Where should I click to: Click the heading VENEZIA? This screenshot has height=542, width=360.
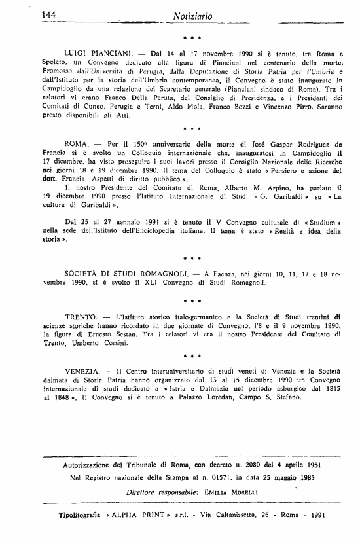pyautogui.click(x=87, y=370)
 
